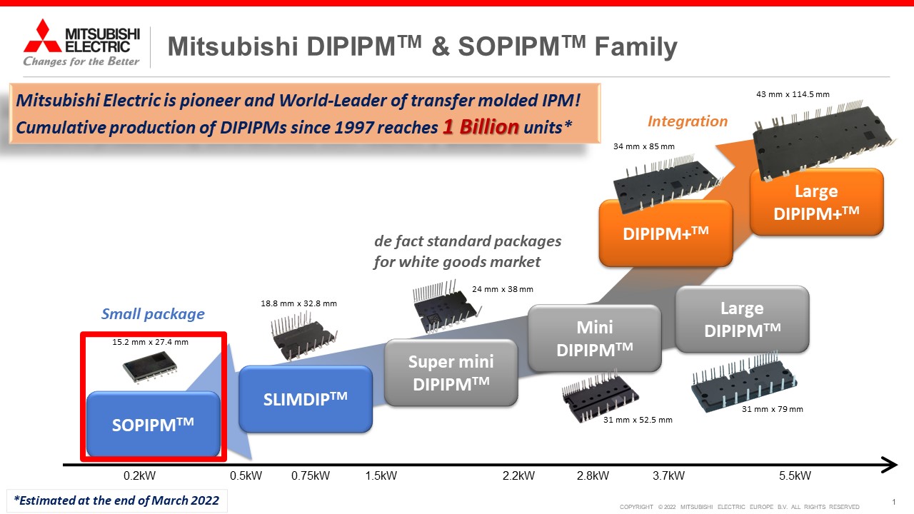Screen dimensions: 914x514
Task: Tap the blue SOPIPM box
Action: pyautogui.click(x=154, y=424)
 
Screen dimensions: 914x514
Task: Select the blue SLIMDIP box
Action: pyautogui.click(x=305, y=398)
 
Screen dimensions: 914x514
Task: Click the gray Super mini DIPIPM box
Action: pyautogui.click(x=451, y=373)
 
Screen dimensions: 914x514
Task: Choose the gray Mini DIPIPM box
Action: pyautogui.click(x=595, y=338)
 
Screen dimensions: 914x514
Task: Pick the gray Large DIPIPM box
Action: pyautogui.click(x=742, y=319)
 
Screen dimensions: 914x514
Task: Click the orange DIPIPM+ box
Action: pyautogui.click(x=666, y=233)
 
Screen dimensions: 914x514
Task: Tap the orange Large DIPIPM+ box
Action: pyautogui.click(x=816, y=202)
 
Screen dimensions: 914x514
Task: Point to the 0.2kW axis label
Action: pyautogui.click(x=139, y=475)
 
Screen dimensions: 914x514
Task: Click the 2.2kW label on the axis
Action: pyautogui.click(x=518, y=475)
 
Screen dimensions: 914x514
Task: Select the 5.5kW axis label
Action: pyautogui.click(x=795, y=475)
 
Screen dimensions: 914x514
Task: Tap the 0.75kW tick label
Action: pyautogui.click(x=310, y=475)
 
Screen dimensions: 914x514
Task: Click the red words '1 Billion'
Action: pyautogui.click(x=481, y=127)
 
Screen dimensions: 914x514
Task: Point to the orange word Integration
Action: pyautogui.click(x=688, y=121)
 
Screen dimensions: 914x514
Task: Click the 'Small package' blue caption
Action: pyautogui.click(x=153, y=314)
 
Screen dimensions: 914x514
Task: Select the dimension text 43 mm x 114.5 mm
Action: pyautogui.click(x=793, y=94)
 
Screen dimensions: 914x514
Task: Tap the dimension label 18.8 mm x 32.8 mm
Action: pyautogui.click(x=298, y=303)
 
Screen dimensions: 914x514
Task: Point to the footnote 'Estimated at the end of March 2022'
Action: pyautogui.click(x=116, y=500)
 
